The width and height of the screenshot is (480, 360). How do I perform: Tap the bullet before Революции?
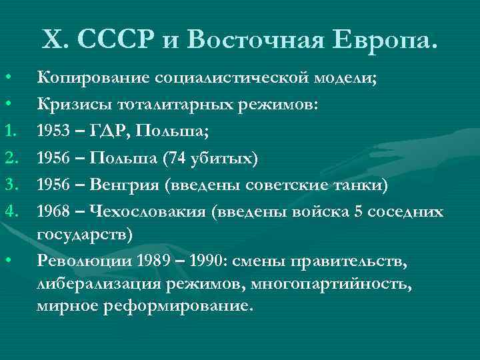tap(9, 261)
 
